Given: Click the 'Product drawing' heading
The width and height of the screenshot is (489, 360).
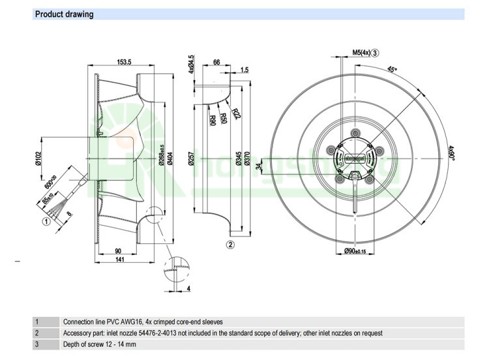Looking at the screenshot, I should [64, 14].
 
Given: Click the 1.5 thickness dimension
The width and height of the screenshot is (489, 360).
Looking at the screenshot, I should [244, 69].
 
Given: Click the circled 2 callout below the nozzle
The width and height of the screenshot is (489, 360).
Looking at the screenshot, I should [230, 245].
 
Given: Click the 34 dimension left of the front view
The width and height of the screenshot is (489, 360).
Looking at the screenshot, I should [258, 166].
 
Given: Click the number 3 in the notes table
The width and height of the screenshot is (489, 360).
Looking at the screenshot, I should [37, 344].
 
